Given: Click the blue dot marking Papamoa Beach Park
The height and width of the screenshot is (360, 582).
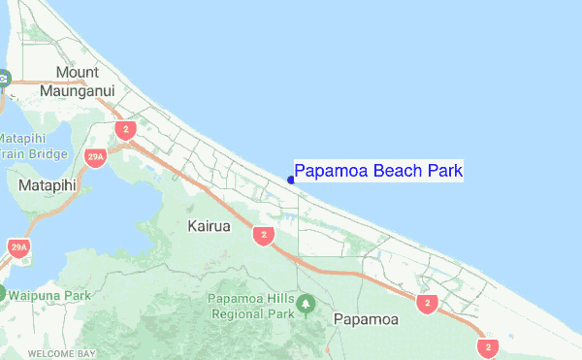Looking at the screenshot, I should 291,179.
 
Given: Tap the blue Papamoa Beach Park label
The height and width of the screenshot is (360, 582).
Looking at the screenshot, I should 378,172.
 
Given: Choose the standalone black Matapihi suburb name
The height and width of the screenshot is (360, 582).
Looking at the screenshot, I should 48,182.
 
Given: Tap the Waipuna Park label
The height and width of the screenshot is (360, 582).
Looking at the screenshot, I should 50,295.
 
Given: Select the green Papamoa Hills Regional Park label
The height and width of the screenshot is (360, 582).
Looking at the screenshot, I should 250,306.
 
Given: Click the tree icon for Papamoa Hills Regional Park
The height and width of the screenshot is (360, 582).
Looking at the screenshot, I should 307,305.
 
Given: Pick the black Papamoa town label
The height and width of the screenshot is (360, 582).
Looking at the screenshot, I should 366,319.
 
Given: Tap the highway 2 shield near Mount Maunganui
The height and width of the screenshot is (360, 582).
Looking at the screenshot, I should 125,129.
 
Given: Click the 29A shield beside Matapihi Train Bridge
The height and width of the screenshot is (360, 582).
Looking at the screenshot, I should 94,157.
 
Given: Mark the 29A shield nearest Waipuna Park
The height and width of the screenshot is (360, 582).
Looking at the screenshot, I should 19,248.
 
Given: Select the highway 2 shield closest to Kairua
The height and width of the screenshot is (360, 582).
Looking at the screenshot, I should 262,235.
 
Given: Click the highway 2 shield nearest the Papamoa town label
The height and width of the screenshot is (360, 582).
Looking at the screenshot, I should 427,304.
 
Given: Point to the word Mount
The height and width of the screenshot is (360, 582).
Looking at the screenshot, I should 79,73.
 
